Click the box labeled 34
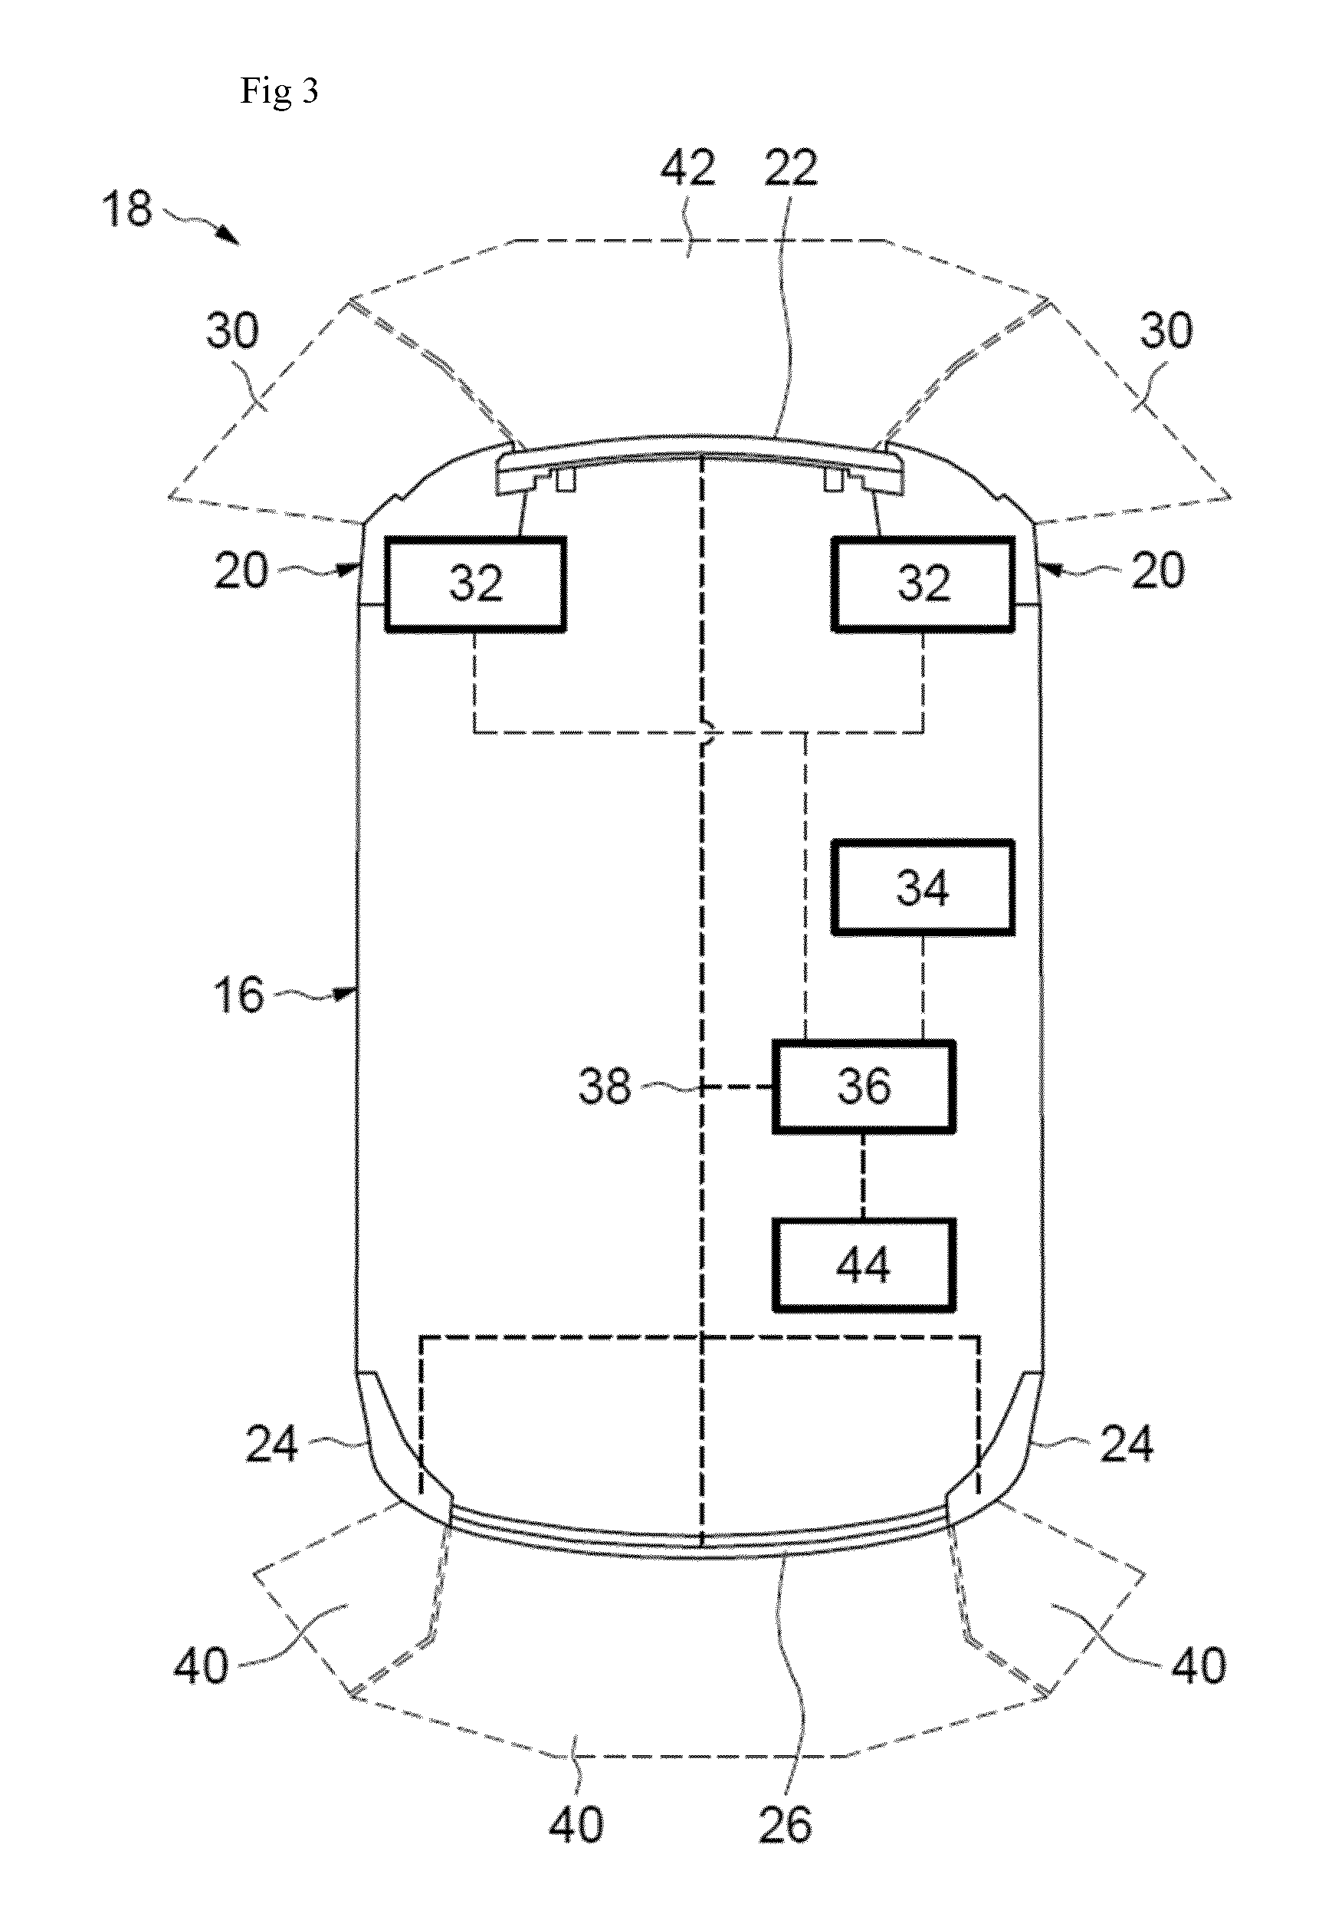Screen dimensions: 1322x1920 pos(923,889)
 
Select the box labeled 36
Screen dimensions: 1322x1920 pos(864,1087)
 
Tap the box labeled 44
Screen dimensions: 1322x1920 pos(864,1265)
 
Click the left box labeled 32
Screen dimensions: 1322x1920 pos(475,584)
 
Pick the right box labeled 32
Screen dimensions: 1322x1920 pos(923,584)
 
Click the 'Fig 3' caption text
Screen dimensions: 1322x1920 pos(279,90)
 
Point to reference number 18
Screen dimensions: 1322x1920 pos(127,209)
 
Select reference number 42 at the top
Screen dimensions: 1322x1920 pos(687,168)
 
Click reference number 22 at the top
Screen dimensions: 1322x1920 pos(791,168)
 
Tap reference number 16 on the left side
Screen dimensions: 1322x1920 pos(238,995)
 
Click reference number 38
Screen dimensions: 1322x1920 pos(605,1086)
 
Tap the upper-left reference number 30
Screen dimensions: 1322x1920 pos(233,330)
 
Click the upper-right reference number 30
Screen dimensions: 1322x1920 pos(1166,330)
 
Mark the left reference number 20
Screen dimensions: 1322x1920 pos(241,571)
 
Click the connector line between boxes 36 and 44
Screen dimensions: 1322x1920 pos(863,1176)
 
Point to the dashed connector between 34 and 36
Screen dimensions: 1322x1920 pos(923,988)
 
